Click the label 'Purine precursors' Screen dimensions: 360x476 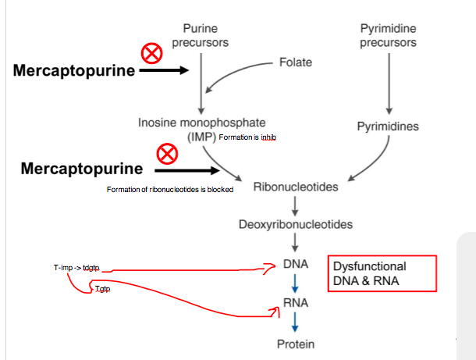tap(201, 35)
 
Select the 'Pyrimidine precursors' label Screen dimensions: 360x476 tap(388, 35)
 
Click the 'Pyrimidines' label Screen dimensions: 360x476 tap(388, 127)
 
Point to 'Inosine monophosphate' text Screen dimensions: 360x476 tap(201, 123)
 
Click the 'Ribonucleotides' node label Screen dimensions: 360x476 tap(295, 187)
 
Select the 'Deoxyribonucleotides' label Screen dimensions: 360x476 tap(295, 224)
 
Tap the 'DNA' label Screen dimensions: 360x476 tap(295, 266)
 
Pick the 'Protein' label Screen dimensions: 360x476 tap(295, 344)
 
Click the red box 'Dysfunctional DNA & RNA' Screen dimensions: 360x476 tap(381, 273)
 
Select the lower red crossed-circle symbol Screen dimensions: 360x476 tap(166, 154)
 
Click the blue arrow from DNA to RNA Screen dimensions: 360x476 tap(295, 285)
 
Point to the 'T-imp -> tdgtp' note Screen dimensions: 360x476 tap(76, 268)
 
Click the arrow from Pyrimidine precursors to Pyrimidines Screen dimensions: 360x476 tap(388, 82)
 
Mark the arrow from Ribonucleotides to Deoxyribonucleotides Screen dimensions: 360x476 tap(295, 205)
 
